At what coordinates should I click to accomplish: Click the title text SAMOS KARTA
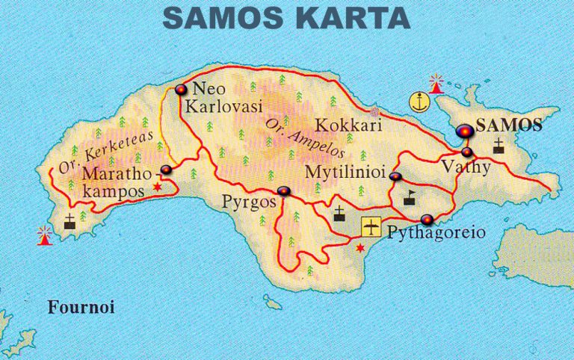[x=286, y=17]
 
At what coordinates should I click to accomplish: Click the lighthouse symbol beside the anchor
[x=436, y=81]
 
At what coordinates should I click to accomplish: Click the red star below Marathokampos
[x=157, y=187]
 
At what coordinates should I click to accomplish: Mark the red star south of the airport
[x=362, y=248]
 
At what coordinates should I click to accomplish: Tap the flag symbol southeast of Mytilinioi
[x=410, y=198]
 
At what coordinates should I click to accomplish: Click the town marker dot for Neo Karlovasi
[x=179, y=90]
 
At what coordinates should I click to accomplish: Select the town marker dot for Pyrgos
[x=283, y=192]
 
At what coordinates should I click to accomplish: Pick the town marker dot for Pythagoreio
[x=427, y=220]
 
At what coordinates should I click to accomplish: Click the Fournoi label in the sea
[x=75, y=307]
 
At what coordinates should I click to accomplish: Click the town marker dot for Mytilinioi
[x=395, y=176]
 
